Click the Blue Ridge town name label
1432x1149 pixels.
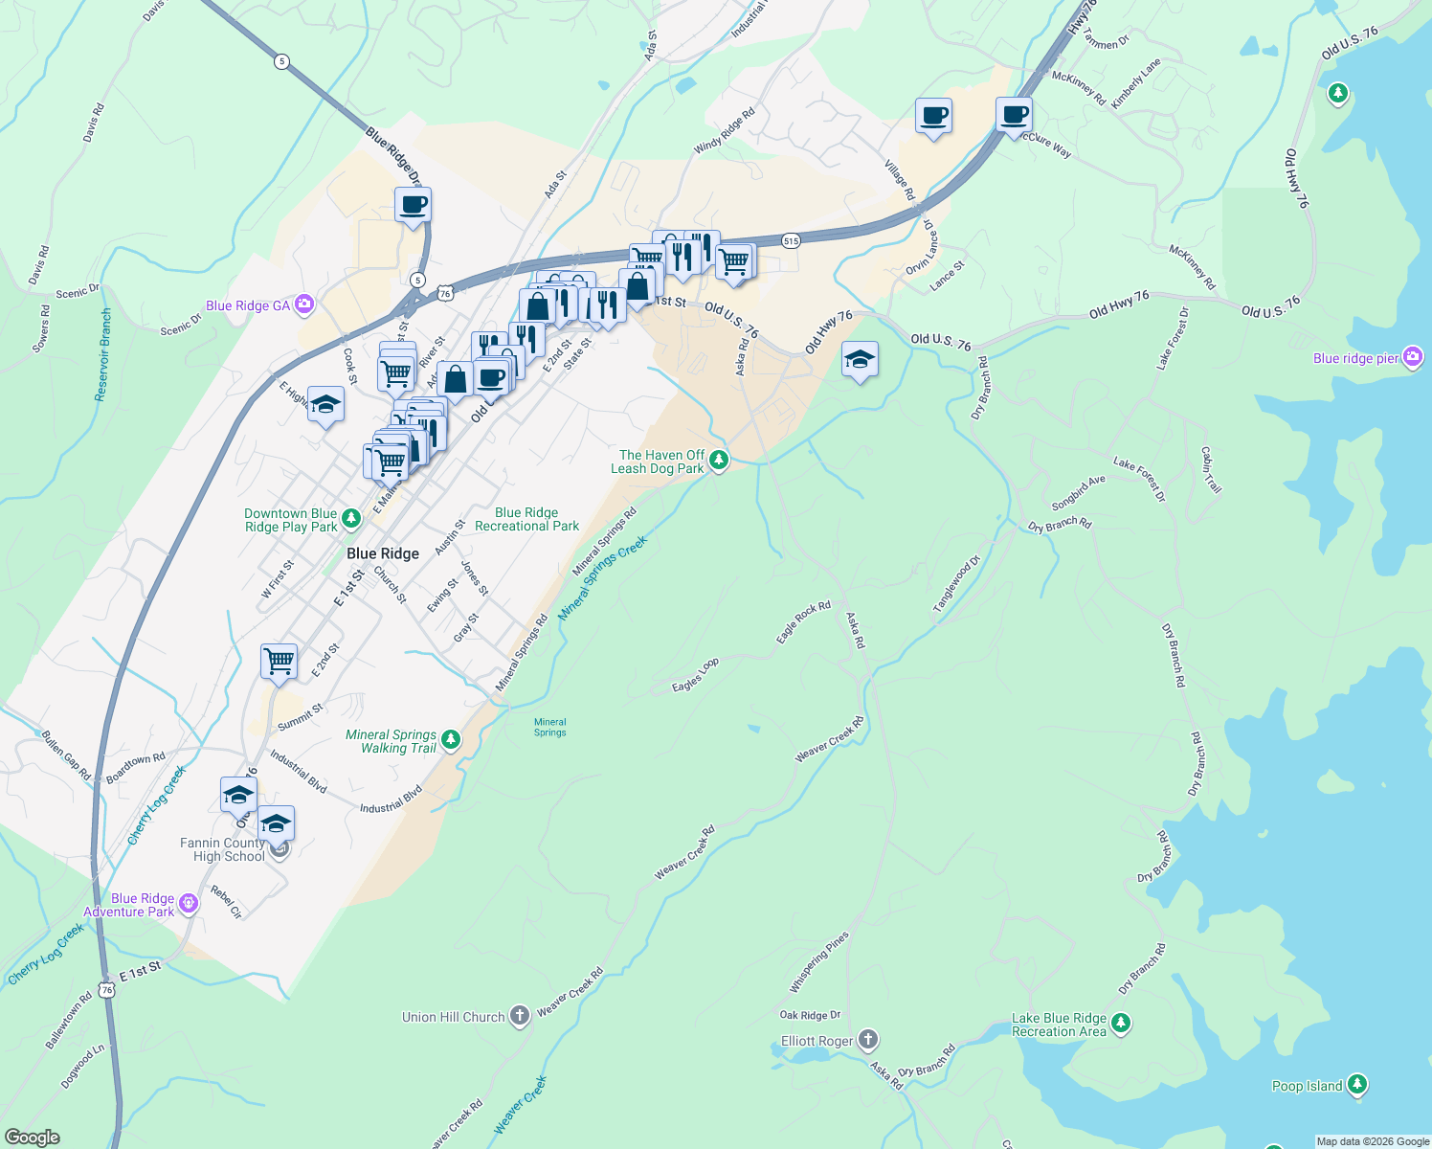tap(383, 553)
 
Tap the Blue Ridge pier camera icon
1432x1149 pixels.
tap(1413, 357)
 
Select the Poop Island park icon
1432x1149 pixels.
tap(1356, 1085)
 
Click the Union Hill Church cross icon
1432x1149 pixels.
tap(519, 1016)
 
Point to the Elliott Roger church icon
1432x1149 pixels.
tap(867, 1040)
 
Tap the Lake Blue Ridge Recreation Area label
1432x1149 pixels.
tap(1059, 1025)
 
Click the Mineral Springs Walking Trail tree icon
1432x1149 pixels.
tap(451, 740)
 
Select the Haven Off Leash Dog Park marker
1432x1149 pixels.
tap(718, 461)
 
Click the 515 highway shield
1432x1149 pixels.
tap(790, 240)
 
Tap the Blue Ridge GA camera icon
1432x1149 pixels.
tap(304, 304)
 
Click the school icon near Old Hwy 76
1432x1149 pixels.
tap(860, 360)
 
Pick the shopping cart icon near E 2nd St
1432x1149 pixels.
tap(279, 660)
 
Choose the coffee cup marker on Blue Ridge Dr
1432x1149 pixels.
tap(413, 205)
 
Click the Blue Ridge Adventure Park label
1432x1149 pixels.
tap(129, 905)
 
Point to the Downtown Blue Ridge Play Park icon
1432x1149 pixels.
tap(351, 519)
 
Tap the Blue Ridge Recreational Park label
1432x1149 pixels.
tap(526, 519)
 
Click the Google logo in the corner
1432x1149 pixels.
tap(32, 1137)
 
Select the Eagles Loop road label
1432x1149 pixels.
tap(695, 675)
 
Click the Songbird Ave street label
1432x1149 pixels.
tap(1078, 492)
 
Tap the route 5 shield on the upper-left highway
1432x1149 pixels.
tap(280, 61)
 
